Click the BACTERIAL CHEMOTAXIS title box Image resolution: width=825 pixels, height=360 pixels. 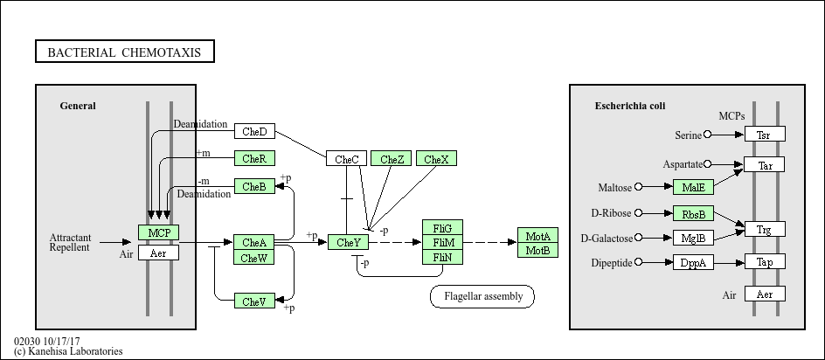(x=124, y=52)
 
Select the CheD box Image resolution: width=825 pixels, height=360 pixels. (x=254, y=131)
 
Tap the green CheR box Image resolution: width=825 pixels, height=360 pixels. (x=254, y=158)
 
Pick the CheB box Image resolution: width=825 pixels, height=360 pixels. (x=254, y=186)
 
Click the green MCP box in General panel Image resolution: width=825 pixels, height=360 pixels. (x=158, y=232)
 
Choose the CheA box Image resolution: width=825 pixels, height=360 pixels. (x=254, y=242)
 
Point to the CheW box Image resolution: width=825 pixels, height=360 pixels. (x=254, y=257)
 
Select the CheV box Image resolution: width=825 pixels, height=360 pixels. (x=254, y=301)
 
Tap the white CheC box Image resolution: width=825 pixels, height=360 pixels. (x=347, y=159)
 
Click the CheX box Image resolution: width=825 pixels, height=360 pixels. (x=436, y=159)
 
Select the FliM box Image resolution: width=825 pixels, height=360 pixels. (x=443, y=242)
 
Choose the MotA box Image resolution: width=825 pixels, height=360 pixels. (x=537, y=236)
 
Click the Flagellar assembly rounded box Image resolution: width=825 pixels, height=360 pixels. (x=482, y=296)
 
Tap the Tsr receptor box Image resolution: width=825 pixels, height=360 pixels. (x=764, y=135)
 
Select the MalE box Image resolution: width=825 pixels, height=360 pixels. (x=694, y=187)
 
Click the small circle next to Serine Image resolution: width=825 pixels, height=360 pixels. (x=708, y=135)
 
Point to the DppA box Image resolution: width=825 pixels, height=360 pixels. (x=694, y=262)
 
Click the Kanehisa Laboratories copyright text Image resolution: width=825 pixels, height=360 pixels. (x=68, y=351)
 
